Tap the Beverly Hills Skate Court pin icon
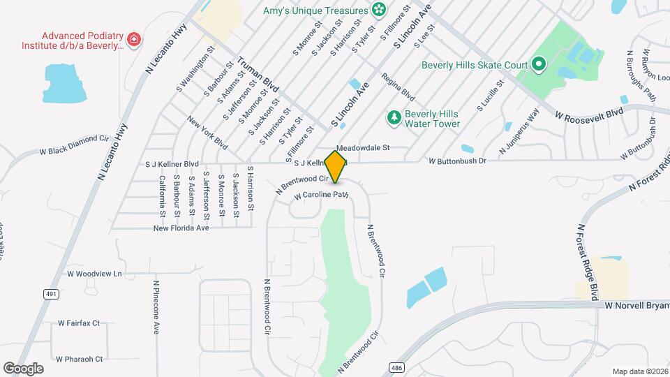(x=538, y=66)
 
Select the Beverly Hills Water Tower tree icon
(x=394, y=117)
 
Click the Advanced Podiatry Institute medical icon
(x=134, y=39)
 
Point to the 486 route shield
(x=396, y=367)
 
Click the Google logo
(x=23, y=368)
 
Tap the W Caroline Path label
(x=320, y=195)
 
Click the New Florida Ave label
(x=181, y=228)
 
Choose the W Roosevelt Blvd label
(x=588, y=114)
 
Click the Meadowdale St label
(x=362, y=148)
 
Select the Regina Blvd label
(x=397, y=87)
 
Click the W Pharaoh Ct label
(x=80, y=359)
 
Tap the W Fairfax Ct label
(x=79, y=323)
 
